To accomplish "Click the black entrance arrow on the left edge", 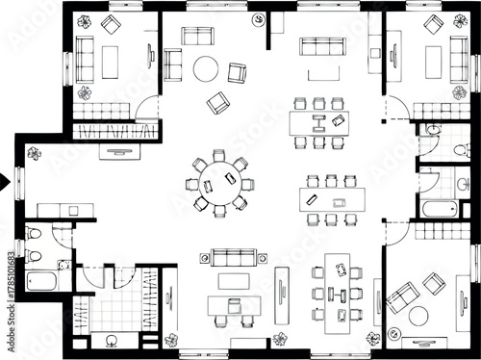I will [5, 178].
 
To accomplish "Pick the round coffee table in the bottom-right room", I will [418, 315].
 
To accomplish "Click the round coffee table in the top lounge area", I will [206, 68].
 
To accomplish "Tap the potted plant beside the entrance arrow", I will [35, 153].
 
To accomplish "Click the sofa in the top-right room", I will [459, 58].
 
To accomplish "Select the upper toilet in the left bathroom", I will [34, 234].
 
